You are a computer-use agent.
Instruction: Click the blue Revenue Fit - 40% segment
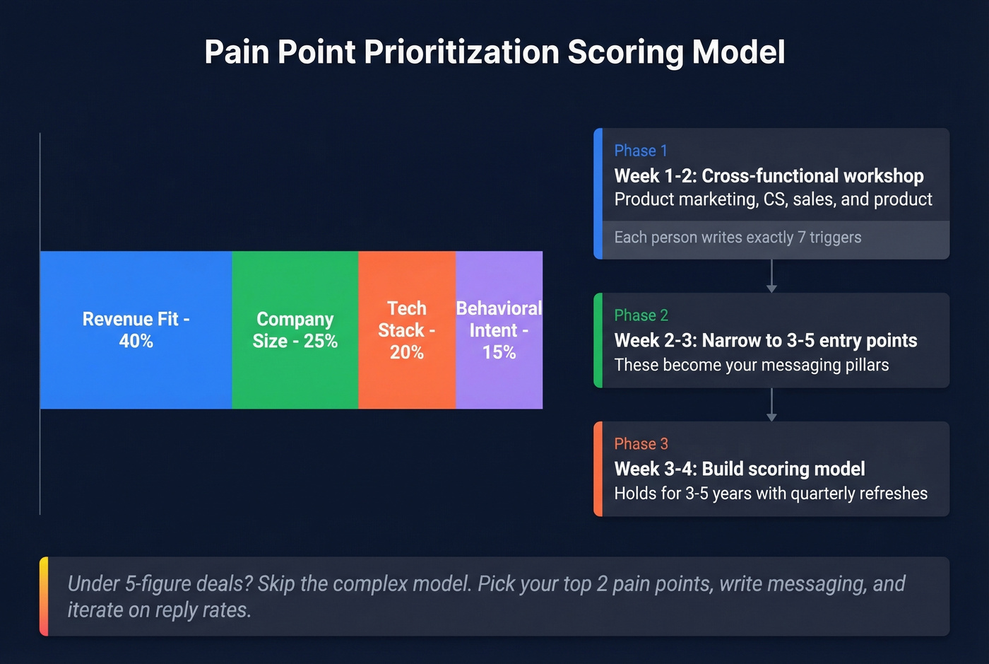point(136,330)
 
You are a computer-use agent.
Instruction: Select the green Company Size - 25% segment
point(295,330)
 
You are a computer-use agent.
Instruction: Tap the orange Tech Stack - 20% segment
point(406,330)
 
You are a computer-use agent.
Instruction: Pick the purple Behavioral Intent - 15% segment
point(499,330)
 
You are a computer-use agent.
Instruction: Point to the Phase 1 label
point(640,151)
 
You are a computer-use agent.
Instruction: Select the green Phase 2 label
point(641,315)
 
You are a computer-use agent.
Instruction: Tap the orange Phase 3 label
point(641,444)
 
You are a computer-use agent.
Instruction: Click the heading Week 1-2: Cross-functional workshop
point(769,175)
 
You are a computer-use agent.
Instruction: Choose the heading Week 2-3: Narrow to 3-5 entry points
point(765,341)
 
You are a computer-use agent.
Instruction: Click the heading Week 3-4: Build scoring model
point(739,469)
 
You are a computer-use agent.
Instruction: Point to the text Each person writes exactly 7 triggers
point(738,238)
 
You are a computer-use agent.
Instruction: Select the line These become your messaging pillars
point(751,365)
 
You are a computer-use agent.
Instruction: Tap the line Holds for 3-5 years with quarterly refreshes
point(770,494)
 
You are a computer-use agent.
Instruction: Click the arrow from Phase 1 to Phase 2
point(771,276)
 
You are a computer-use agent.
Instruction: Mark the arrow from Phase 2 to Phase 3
point(771,405)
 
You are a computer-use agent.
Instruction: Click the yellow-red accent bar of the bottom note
point(44,596)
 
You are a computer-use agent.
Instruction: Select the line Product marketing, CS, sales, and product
point(773,199)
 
